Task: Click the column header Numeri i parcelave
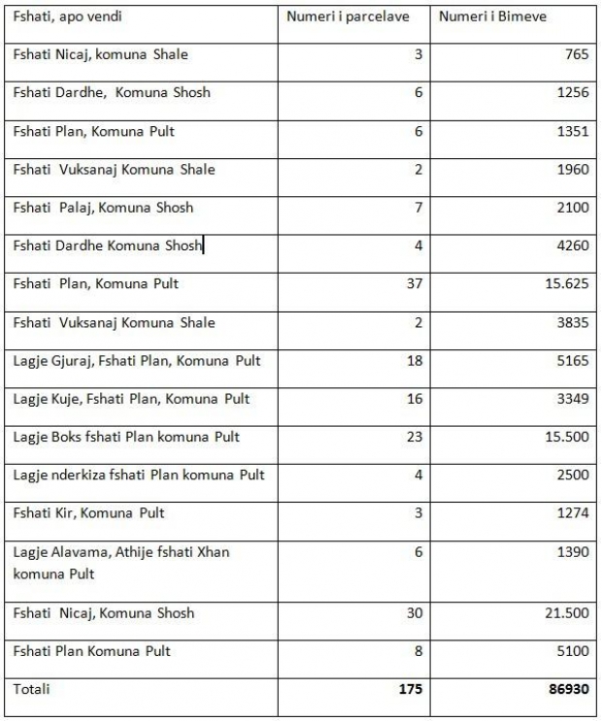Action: click(x=348, y=17)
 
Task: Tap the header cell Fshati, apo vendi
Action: click(x=68, y=17)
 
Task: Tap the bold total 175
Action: click(x=411, y=690)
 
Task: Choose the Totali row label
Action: click(x=31, y=689)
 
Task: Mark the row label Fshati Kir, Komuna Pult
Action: click(x=88, y=513)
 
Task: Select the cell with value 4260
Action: click(x=573, y=246)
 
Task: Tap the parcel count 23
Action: click(x=415, y=437)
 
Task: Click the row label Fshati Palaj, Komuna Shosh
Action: click(x=103, y=208)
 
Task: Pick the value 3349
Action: click(x=573, y=399)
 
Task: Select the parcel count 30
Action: click(x=415, y=613)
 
